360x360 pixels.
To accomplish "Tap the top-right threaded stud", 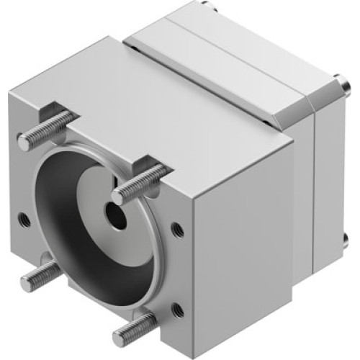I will tap(141, 183).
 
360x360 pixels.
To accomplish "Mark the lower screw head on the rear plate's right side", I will tap(346, 238).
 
